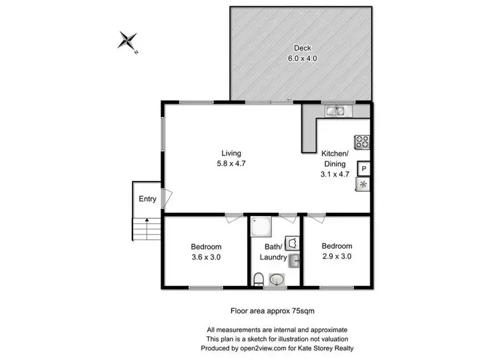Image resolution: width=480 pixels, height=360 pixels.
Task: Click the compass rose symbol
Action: pyautogui.click(x=128, y=41)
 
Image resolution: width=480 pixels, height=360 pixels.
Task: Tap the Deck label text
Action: pyautogui.click(x=302, y=48)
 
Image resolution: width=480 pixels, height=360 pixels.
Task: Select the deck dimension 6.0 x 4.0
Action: pyautogui.click(x=302, y=58)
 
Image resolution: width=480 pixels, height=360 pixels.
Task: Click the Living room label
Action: pyautogui.click(x=231, y=153)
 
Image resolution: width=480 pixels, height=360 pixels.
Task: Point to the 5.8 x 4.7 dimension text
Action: pyautogui.click(x=231, y=163)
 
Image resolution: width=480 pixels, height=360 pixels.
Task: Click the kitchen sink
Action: pyautogui.click(x=337, y=111)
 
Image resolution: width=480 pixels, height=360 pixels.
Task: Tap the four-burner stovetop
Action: pyautogui.click(x=362, y=143)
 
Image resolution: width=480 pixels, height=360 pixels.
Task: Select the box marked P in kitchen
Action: pyautogui.click(x=363, y=169)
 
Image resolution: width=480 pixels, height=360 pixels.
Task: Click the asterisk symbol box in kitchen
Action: pyautogui.click(x=363, y=185)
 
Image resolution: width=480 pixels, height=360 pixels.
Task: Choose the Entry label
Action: pyautogui.click(x=148, y=199)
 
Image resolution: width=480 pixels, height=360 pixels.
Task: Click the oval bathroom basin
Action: pyautogui.click(x=277, y=279)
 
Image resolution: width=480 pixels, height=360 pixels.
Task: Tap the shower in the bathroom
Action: pyautogui.click(x=261, y=226)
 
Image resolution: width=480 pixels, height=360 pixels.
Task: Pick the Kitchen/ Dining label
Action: pyautogui.click(x=335, y=163)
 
